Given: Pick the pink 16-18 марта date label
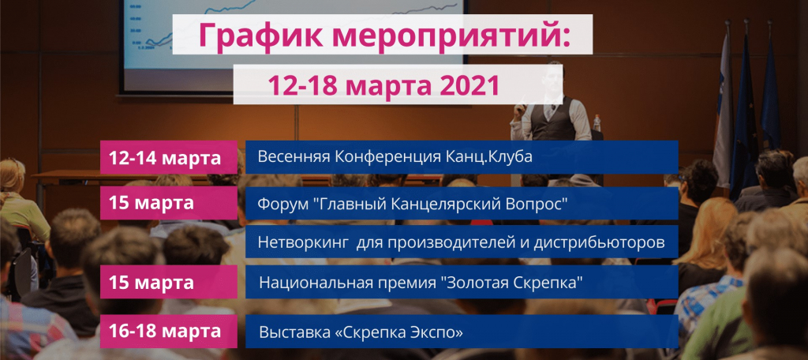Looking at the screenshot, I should click(169, 332).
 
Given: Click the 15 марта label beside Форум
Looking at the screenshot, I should click(151, 202).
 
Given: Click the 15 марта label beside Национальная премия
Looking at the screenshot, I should click(151, 282).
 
